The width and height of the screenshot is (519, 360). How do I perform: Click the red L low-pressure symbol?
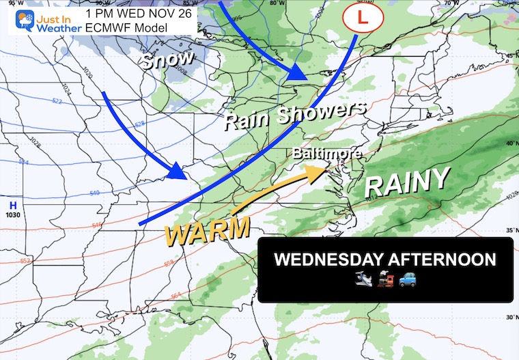tap(362, 16)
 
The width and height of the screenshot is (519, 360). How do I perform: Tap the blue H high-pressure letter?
tap(13, 204)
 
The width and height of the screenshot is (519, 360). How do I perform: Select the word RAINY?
tap(408, 182)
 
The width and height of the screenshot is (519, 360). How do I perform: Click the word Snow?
tap(162, 61)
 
